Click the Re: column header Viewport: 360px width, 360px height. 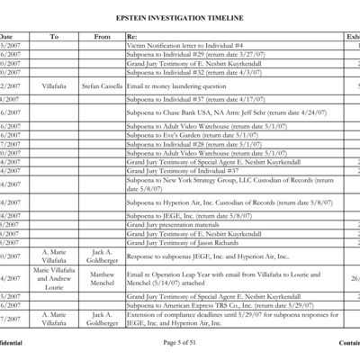(x=132, y=36)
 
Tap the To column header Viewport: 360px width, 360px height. (x=54, y=36)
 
